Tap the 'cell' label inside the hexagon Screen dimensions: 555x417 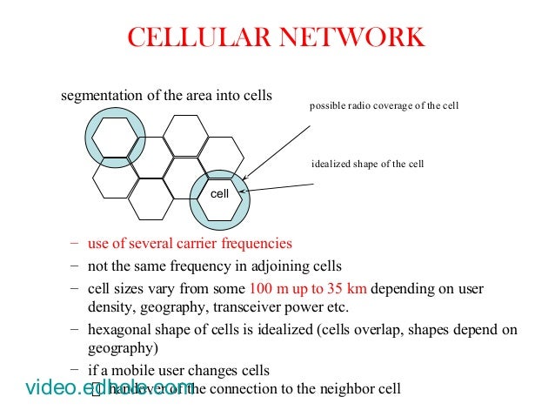coord(220,193)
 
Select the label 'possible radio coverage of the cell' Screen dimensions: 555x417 coord(384,106)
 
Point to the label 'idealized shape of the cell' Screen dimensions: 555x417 coord(367,164)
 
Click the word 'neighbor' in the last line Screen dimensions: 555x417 coord(325,389)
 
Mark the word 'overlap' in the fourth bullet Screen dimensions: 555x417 coord(344,330)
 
